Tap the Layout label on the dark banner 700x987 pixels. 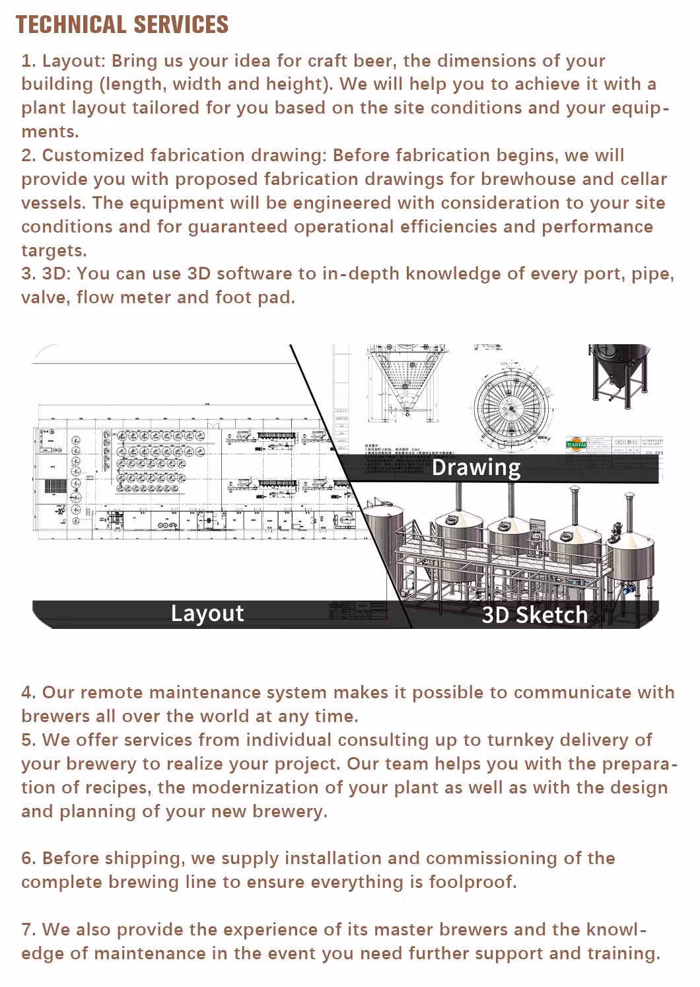click(207, 613)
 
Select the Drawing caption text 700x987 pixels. click(475, 468)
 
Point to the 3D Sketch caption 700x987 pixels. click(534, 615)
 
